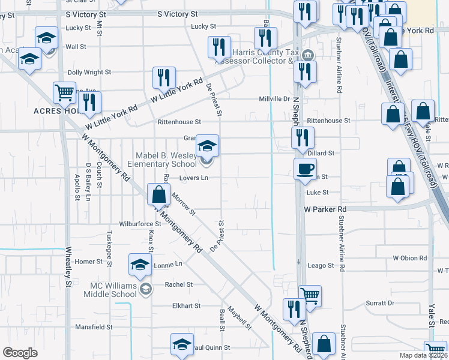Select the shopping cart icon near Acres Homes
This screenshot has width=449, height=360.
coord(64,92)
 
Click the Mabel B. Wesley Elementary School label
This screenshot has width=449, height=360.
coord(166,160)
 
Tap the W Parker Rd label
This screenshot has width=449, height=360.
coord(325,209)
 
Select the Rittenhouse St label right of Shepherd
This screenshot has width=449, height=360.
coord(328,121)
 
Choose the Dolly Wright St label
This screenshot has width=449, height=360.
coord(89,72)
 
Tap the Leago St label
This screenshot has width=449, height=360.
coord(320,265)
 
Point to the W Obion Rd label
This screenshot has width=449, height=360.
coord(409,258)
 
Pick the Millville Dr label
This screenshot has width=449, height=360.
coord(274,98)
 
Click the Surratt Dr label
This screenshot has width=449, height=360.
coord(382,303)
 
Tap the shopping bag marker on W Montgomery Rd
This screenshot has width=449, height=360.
coord(158,195)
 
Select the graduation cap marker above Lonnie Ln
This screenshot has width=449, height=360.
coord(140,264)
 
